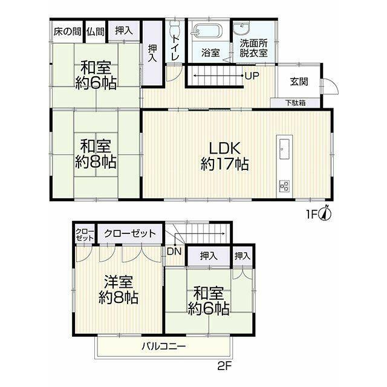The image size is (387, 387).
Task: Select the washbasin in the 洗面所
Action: pyautogui.click(x=241, y=27)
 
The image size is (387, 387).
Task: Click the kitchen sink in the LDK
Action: pyautogui.click(x=284, y=149)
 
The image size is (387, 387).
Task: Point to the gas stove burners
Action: pyautogui.click(x=285, y=186)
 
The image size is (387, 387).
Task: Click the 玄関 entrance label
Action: pyautogui.click(x=299, y=81)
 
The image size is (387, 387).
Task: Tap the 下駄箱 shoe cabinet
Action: pyautogui.click(x=295, y=103)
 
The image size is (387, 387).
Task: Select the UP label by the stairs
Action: pyautogui.click(x=252, y=76)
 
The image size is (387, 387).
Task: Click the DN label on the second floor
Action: pyautogui.click(x=174, y=252)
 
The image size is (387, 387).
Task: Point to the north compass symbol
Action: pyautogui.click(x=325, y=213)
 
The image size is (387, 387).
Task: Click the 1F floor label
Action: pyautogui.click(x=312, y=215)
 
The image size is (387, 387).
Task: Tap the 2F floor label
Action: pyautogui.click(x=224, y=366)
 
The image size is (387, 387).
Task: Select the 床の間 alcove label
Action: pyautogui.click(x=67, y=31)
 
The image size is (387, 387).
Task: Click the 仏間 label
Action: pyautogui.click(x=96, y=31)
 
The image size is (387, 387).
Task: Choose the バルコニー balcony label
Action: pyautogui.click(x=164, y=346)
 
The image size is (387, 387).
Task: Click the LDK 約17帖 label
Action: pyautogui.click(x=224, y=156)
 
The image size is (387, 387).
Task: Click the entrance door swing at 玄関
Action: pyautogui.click(x=331, y=86)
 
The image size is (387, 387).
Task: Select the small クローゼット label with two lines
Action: pyautogui.click(x=85, y=235)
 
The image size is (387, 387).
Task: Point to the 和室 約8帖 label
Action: pyautogui.click(x=96, y=154)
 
